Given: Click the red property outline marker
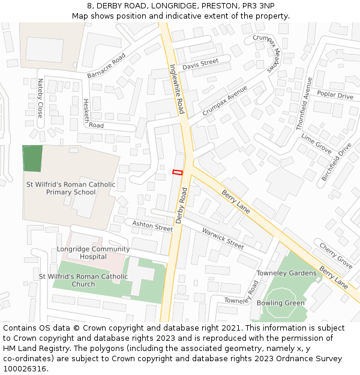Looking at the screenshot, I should click(x=178, y=172).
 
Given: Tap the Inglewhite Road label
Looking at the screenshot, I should click(x=176, y=89).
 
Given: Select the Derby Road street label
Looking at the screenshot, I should click(x=182, y=205).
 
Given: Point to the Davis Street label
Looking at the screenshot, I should click(x=200, y=64).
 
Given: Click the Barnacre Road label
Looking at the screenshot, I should click(x=106, y=65).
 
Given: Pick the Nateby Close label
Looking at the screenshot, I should click(x=40, y=97).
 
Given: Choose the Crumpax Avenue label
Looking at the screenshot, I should click(x=225, y=100).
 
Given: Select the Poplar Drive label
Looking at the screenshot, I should click(x=335, y=95).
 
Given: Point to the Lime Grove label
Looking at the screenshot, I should click(x=316, y=143).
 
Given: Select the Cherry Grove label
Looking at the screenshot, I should click(x=335, y=256).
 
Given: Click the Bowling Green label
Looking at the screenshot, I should click(x=280, y=303).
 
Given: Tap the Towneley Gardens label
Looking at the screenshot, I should click(x=286, y=273).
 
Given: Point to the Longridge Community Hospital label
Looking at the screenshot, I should click(x=93, y=253).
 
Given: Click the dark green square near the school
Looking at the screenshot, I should click(x=32, y=158).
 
